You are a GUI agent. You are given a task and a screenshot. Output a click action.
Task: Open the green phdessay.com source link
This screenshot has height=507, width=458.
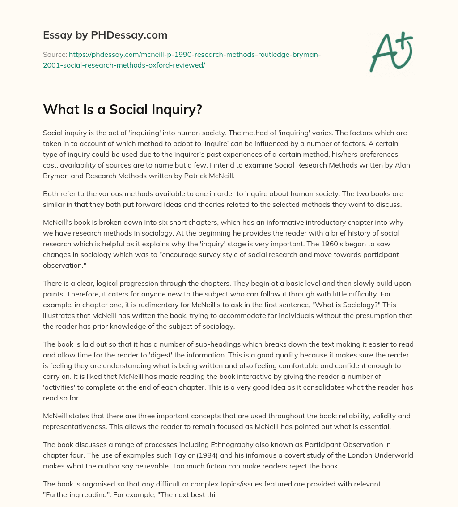[x=181, y=60]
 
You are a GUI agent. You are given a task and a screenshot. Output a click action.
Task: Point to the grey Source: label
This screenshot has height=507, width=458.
[x=54, y=55]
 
